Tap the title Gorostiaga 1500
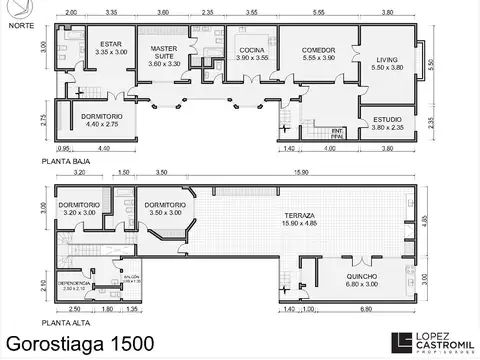pyautogui.click(x=80, y=343)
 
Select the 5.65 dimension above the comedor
pyautogui.click(x=318, y=12)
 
